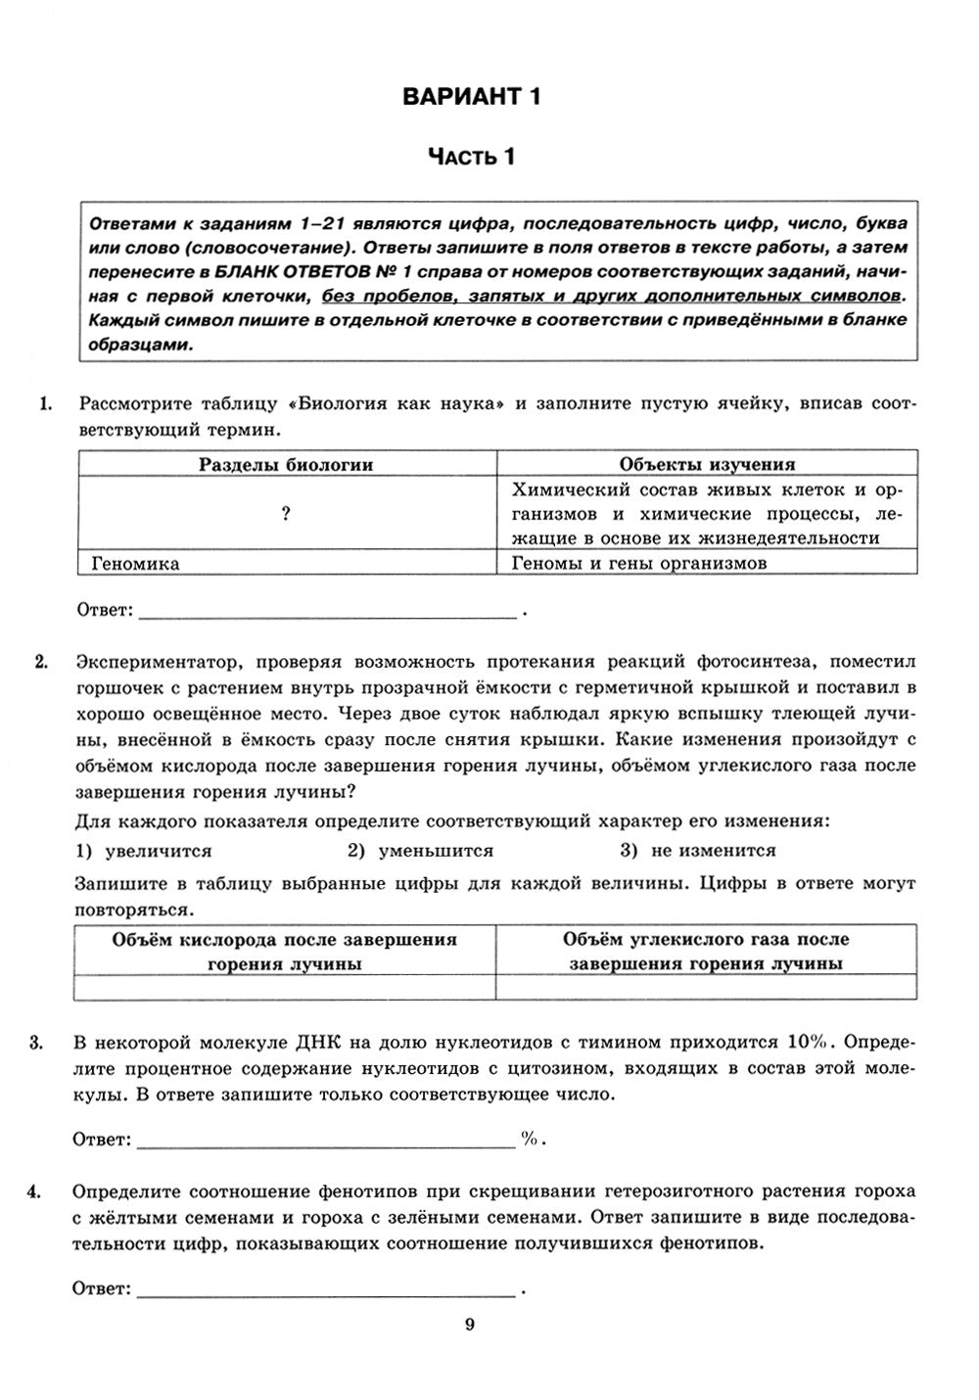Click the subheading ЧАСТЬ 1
point(471,157)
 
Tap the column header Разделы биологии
point(286,464)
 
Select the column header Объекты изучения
point(707,464)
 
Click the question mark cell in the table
point(286,514)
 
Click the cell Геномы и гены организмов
point(639,563)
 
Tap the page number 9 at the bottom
point(470,1325)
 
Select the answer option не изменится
point(712,851)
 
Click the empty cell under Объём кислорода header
point(285,988)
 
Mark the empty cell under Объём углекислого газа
point(707,988)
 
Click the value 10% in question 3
point(807,1041)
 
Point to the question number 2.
point(41,663)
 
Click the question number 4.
point(35,1191)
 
